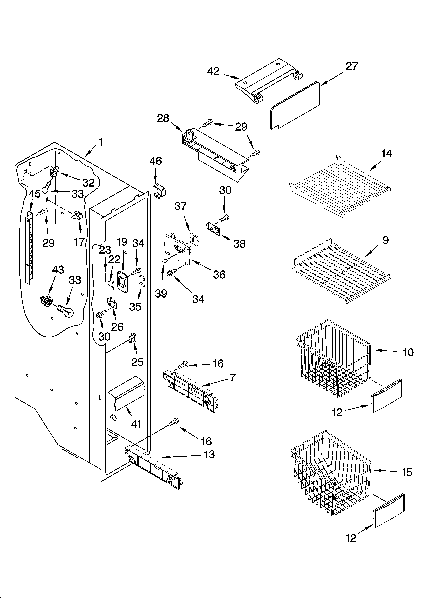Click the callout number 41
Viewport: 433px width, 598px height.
pyautogui.click(x=136, y=424)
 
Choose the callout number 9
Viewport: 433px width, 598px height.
pyautogui.click(x=385, y=240)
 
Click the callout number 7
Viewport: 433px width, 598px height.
pyautogui.click(x=232, y=378)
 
